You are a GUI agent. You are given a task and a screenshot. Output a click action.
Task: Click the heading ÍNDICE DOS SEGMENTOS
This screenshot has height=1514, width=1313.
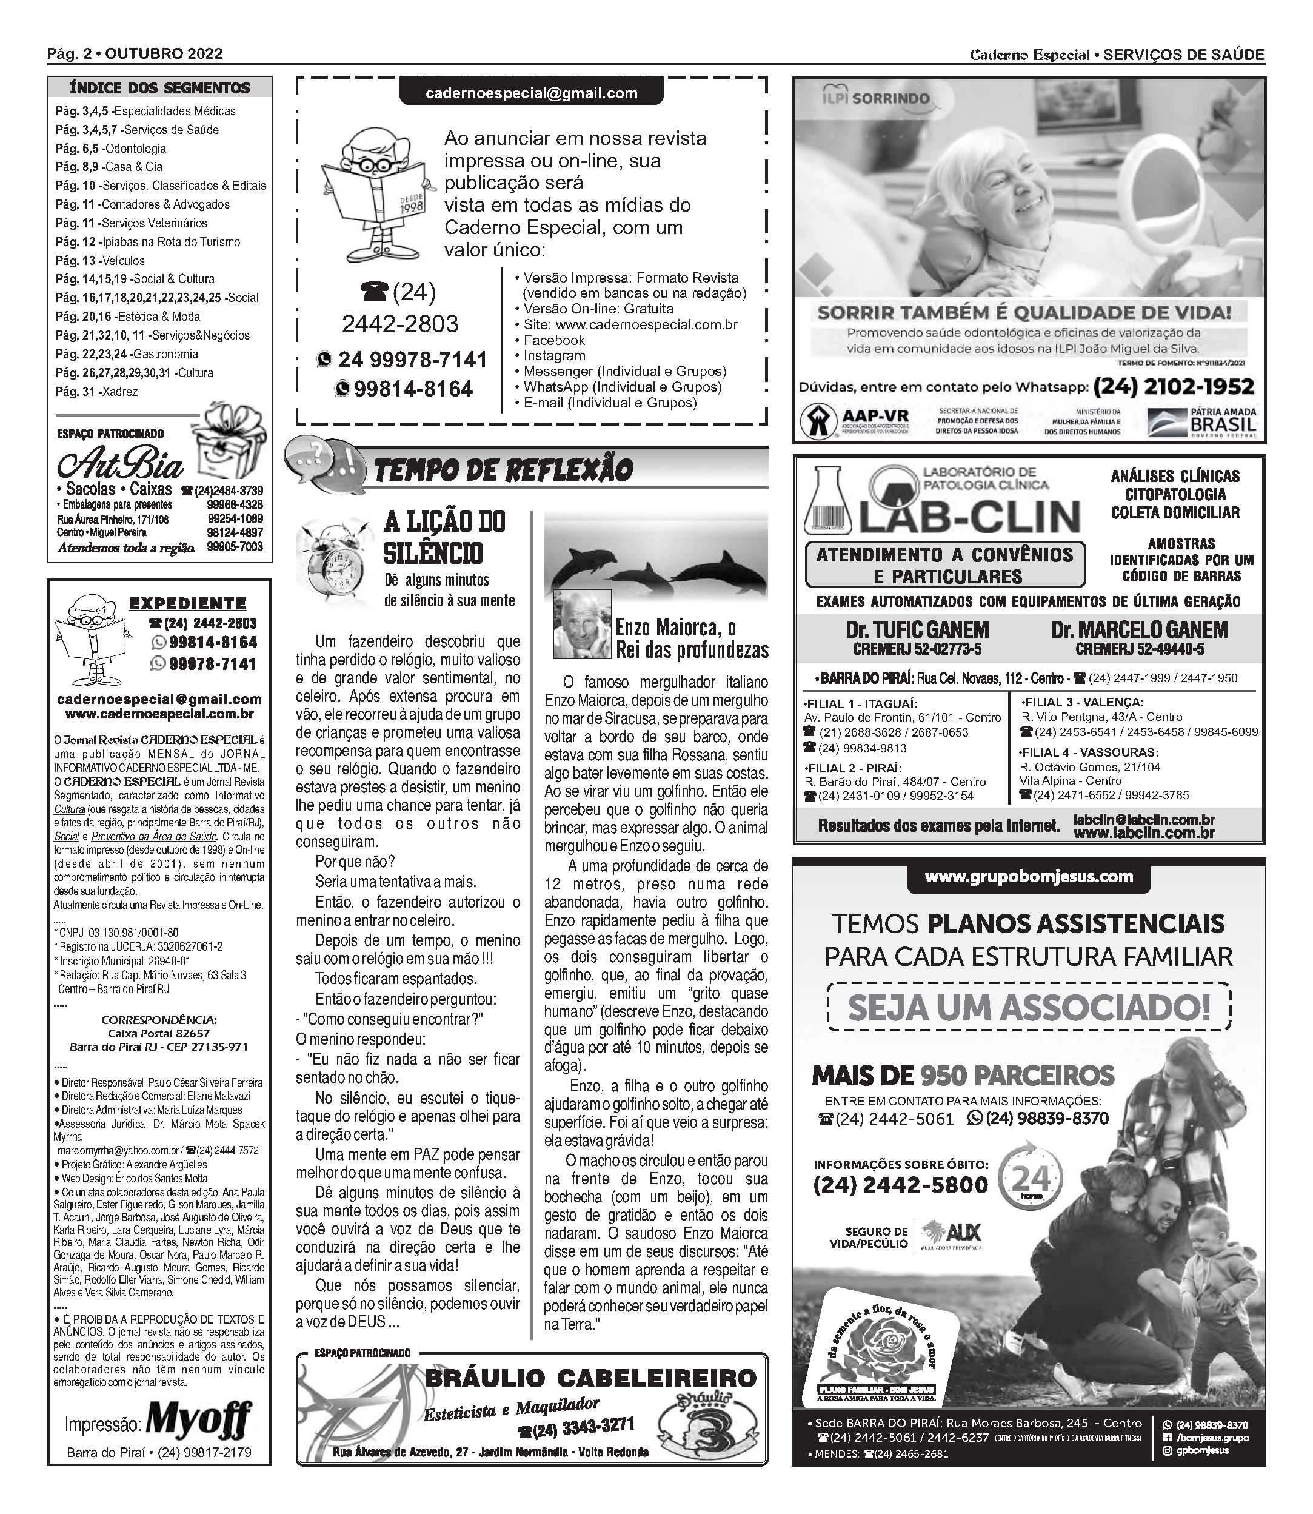click(159, 88)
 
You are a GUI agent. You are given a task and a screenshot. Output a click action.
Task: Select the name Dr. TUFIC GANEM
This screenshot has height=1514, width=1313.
click(917, 630)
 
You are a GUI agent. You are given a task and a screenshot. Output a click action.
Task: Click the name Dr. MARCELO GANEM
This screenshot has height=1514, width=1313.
click(1140, 630)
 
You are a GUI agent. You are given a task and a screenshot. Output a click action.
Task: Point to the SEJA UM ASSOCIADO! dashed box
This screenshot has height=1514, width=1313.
click(1029, 1008)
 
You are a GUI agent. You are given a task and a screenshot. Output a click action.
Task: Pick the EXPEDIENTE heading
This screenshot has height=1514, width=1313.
click(187, 604)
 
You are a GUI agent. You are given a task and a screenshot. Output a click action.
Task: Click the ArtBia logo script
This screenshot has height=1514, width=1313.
click(121, 464)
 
